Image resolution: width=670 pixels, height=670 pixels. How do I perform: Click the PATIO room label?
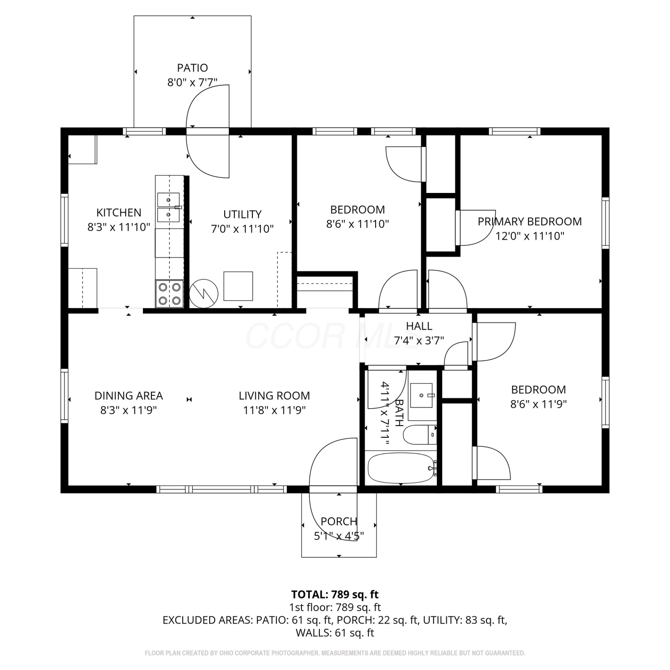[193, 68]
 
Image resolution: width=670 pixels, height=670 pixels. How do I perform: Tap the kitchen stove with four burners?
[170, 293]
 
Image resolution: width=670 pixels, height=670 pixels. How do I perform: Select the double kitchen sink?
[168, 207]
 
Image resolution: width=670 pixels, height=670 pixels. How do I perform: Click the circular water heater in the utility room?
[204, 293]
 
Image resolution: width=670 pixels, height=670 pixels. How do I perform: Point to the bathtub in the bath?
[401, 468]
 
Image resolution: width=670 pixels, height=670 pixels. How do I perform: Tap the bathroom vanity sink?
[421, 395]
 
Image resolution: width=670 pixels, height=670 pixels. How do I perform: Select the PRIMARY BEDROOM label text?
[530, 222]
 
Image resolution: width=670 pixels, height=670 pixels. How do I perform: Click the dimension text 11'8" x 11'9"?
[274, 410]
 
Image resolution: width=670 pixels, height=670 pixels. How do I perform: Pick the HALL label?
[419, 327]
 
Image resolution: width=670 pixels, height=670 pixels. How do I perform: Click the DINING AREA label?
[129, 396]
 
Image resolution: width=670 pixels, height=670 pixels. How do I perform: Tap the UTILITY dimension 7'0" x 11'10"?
[242, 229]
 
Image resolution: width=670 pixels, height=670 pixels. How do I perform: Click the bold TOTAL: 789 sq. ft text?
[335, 595]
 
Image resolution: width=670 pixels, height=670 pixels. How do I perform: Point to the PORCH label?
[339, 521]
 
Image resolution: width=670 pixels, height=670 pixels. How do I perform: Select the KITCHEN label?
[119, 213]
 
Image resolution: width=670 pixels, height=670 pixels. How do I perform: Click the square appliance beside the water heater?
[238, 286]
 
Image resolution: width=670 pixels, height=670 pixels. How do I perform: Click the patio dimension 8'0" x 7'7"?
[193, 82]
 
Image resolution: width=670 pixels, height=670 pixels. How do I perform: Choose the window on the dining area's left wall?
[65, 396]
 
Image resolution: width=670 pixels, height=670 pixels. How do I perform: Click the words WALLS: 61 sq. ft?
[335, 632]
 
